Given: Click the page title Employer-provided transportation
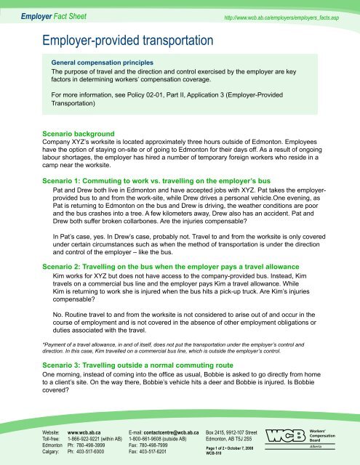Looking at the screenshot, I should [128, 38].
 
